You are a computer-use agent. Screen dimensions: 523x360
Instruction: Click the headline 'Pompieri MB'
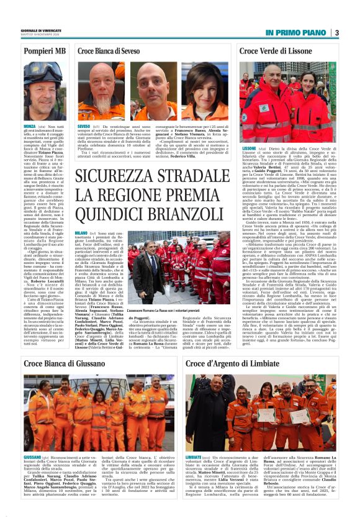pyautogui.click(x=44, y=50)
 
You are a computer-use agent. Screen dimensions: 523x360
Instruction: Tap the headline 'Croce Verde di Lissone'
pyautogui.click(x=276, y=50)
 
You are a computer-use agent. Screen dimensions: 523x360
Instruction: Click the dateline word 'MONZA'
pyautogui.click(x=29, y=125)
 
